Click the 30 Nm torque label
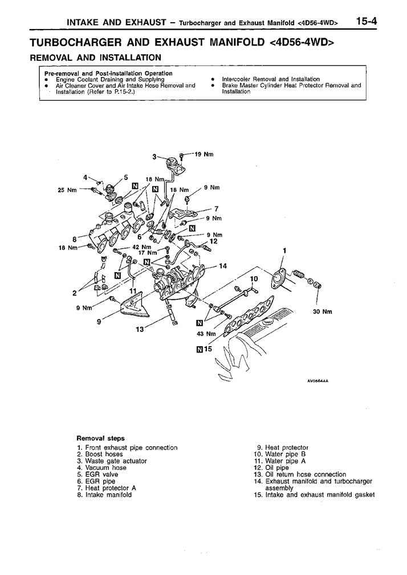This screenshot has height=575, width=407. [x=323, y=311]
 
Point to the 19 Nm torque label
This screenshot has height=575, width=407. [x=203, y=154]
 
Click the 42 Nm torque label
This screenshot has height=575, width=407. [x=142, y=247]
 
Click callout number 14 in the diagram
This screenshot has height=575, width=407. [x=222, y=266]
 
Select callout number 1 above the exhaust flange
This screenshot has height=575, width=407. [x=284, y=250]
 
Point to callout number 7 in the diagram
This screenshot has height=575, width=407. [x=217, y=208]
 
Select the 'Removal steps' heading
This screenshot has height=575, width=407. [x=100, y=438]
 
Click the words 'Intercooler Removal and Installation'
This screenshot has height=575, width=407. [x=271, y=79]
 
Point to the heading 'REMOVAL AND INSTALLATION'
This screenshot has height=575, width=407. [x=95, y=57]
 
